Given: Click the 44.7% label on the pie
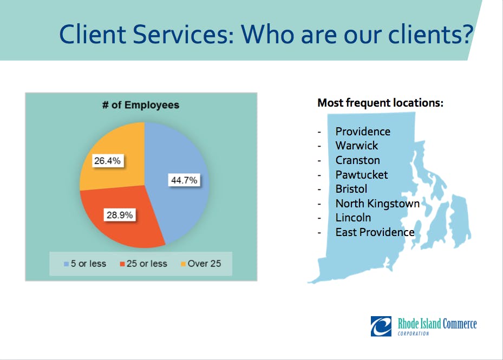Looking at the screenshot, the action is (x=184, y=180).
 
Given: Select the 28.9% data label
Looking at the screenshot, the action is (x=120, y=215).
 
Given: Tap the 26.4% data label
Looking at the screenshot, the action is (x=107, y=160).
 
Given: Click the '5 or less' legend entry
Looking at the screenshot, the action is (x=85, y=264).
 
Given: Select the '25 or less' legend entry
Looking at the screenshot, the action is (x=143, y=264).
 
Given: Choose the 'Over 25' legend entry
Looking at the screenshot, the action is (x=201, y=264).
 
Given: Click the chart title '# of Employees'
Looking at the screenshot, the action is (x=141, y=105).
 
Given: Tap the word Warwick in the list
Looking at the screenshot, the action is (x=357, y=146).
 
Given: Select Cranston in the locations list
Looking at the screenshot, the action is (x=358, y=160).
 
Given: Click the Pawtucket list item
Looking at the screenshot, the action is (x=362, y=174).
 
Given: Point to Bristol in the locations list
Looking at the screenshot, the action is (x=351, y=189).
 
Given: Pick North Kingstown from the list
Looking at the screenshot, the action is (x=377, y=204).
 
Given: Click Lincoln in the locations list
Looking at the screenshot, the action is (x=353, y=218).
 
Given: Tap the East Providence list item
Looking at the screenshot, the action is (x=375, y=232).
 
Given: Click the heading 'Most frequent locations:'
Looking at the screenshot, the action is (x=381, y=103).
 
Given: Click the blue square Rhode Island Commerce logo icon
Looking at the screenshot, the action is (x=381, y=326).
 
